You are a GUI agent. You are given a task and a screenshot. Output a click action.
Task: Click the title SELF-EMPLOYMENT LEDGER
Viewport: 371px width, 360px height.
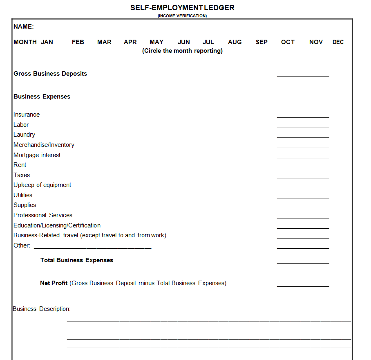pyautogui.click(x=182, y=8)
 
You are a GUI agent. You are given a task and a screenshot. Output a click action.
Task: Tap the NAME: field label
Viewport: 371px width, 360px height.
pyautogui.click(x=24, y=27)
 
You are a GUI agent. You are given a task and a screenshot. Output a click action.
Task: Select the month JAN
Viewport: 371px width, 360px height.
pyautogui.click(x=47, y=42)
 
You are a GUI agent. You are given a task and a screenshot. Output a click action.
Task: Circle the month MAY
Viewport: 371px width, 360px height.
pyautogui.click(x=156, y=42)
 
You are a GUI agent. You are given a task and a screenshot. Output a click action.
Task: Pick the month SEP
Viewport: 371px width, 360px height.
pyautogui.click(x=261, y=42)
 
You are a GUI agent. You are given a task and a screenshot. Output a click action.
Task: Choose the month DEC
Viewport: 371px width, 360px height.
pyautogui.click(x=338, y=42)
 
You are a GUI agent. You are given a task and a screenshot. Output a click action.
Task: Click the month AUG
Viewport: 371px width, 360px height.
pyautogui.click(x=235, y=42)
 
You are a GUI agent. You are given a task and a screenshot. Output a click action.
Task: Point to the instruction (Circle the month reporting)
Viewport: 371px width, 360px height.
pyautogui.click(x=182, y=51)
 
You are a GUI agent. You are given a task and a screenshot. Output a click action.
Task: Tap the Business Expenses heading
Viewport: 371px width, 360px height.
pyautogui.click(x=42, y=97)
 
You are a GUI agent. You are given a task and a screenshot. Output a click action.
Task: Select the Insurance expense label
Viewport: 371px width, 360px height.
pyautogui.click(x=27, y=115)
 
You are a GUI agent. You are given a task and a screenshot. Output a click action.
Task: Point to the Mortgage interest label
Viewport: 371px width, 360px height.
pyautogui.click(x=37, y=155)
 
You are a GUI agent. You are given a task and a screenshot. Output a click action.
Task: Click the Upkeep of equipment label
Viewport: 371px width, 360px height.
pyautogui.click(x=42, y=185)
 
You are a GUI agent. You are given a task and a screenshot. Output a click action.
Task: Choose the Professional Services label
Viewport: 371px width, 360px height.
pyautogui.click(x=43, y=215)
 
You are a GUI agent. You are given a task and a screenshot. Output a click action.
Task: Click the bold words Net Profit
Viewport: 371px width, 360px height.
pyautogui.click(x=54, y=283)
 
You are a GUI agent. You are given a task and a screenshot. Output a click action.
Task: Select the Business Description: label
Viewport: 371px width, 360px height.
pyautogui.click(x=42, y=309)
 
